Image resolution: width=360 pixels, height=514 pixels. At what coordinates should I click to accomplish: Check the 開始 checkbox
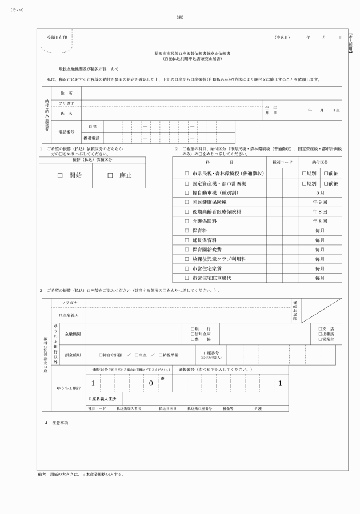(x=59, y=176)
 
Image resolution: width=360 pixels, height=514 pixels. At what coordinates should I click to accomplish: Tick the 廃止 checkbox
(x=110, y=176)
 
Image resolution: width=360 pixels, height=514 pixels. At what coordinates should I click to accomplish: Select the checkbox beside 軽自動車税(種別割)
(x=186, y=193)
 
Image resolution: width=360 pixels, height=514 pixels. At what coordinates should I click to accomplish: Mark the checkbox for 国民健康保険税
(x=186, y=202)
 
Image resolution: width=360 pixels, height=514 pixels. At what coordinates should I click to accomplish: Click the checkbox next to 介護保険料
(x=186, y=221)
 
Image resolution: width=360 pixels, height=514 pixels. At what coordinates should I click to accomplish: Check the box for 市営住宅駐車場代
(x=186, y=278)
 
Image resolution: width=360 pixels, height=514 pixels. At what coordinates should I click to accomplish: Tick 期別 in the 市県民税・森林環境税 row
(x=305, y=173)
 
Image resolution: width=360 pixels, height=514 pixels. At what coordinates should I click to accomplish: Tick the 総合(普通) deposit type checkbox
(x=101, y=355)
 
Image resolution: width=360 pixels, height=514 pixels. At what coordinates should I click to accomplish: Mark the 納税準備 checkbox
(x=161, y=355)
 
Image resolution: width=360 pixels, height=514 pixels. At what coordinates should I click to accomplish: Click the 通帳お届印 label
(x=295, y=311)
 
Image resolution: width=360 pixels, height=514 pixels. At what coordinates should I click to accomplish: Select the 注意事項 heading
(x=60, y=423)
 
